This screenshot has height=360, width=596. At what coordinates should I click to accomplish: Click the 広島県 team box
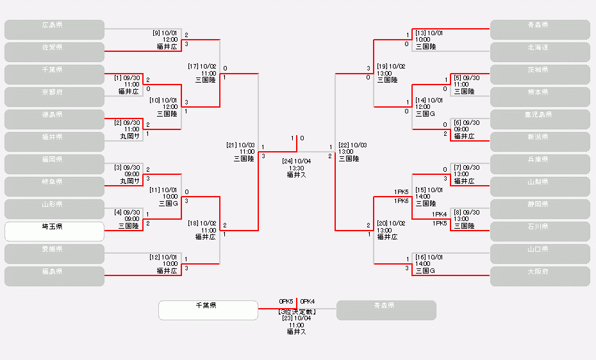[54, 29]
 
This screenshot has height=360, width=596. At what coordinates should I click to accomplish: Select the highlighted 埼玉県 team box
[54, 231]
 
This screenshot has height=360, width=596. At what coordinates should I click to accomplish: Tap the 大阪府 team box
[540, 276]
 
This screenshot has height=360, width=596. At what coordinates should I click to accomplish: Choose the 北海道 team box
[540, 52]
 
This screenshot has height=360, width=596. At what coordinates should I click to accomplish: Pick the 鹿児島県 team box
[540, 119]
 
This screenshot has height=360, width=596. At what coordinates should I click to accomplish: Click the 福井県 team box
[54, 142]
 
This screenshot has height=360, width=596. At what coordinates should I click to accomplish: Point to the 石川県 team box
[540, 231]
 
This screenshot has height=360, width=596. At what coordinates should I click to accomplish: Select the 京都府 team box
[54, 97]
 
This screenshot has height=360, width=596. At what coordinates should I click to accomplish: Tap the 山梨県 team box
[540, 186]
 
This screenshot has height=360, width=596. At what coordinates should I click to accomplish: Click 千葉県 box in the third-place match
[208, 310]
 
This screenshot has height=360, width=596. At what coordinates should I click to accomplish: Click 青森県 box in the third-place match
[386, 310]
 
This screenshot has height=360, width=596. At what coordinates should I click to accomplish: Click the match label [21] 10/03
[240, 145]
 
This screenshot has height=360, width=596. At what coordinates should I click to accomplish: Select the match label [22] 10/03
[353, 145]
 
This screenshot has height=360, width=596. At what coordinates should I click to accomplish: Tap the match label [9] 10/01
[165, 33]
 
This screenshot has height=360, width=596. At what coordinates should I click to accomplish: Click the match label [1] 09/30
[127, 78]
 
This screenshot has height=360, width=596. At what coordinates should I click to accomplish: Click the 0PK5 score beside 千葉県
[286, 301]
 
